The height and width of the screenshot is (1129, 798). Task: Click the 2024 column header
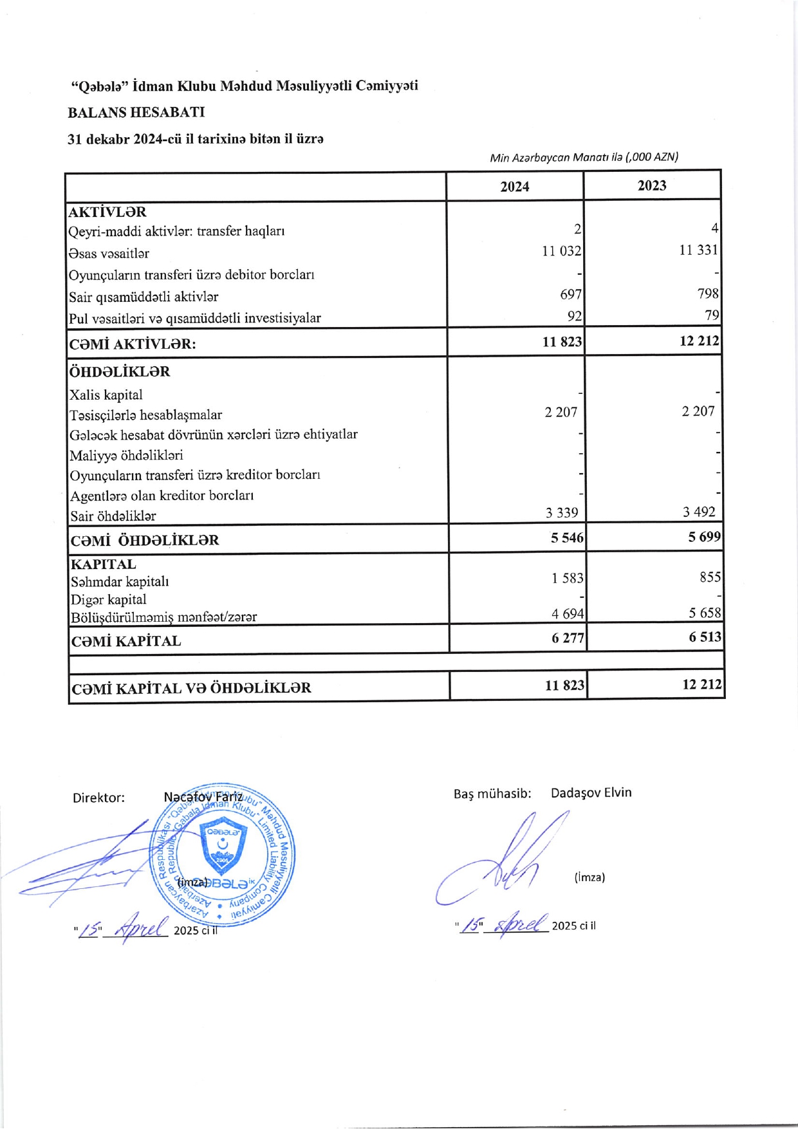tap(515, 187)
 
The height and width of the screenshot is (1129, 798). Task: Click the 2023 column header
tap(651, 185)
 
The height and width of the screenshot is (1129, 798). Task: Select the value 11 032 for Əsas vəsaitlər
tap(561, 251)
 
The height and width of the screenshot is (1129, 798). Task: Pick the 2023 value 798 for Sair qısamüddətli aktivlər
tap(707, 294)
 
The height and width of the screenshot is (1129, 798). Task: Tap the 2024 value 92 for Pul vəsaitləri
tap(574, 316)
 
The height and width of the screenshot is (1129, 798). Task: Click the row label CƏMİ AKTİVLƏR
tap(132, 344)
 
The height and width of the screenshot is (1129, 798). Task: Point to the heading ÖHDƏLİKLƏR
tap(120, 372)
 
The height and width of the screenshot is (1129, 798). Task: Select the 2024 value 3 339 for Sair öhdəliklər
tap(561, 513)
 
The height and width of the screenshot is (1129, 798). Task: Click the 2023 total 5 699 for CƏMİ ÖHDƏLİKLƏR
tap(704, 537)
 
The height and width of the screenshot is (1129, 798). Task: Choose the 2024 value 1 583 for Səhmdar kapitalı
tap(567, 578)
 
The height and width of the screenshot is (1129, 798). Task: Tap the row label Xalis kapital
tap(106, 395)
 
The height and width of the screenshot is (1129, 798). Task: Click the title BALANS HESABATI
tap(136, 112)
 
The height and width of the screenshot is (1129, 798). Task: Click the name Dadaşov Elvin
tap(591, 792)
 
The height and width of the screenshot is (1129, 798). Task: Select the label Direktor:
tap(98, 798)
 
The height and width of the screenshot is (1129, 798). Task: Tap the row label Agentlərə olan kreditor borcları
tap(162, 496)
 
